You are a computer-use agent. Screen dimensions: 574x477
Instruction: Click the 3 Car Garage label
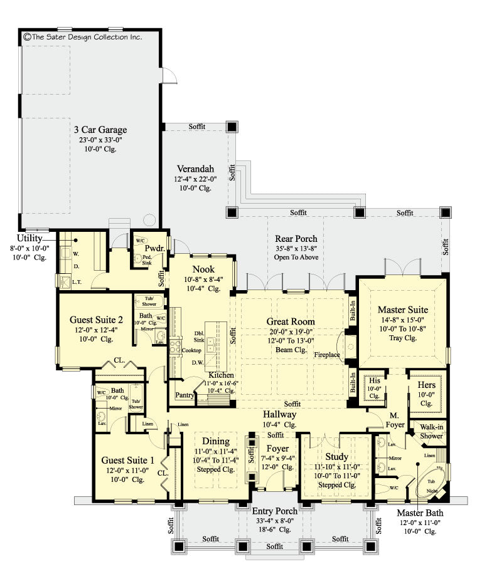click(x=99, y=130)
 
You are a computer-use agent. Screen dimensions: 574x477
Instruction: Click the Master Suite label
click(x=403, y=310)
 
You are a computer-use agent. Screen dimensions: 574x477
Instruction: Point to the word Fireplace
click(x=327, y=355)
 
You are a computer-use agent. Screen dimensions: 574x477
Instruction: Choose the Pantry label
click(x=185, y=395)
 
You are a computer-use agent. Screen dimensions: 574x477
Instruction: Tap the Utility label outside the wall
click(x=29, y=238)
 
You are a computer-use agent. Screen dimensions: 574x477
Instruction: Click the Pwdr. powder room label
click(x=156, y=248)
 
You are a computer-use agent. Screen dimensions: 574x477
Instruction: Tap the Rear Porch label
click(x=296, y=238)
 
